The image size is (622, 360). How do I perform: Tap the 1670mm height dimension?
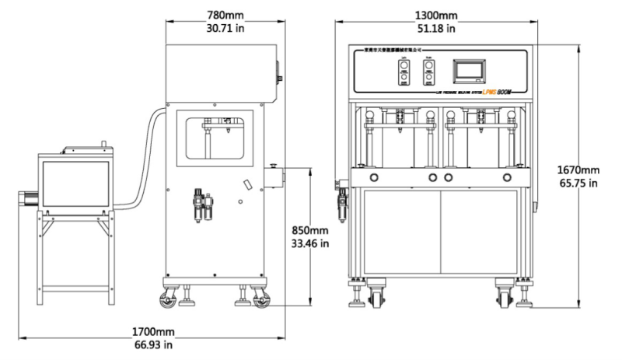pyautogui.click(x=578, y=170)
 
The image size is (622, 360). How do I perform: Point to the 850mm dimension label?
pyautogui.click(x=309, y=230)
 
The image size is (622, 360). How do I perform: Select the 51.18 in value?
pyautogui.click(x=435, y=29)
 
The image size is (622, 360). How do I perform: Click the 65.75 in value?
pyautogui.click(x=578, y=183)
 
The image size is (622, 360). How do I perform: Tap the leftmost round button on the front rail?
pyautogui.click(x=373, y=178)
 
